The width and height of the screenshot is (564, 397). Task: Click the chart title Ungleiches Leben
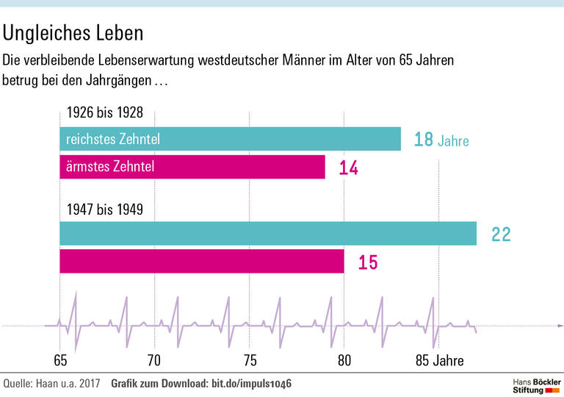73,33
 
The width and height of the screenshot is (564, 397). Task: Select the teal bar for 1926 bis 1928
230,139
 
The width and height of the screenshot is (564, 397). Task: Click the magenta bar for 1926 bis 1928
192,167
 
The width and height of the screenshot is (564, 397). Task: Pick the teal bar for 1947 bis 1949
267,234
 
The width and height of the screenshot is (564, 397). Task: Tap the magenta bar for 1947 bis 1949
201,262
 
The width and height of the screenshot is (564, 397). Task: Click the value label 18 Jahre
441,140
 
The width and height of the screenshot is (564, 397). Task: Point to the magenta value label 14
348,168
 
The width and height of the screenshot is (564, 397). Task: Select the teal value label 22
501,235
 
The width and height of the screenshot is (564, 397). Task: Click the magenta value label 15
368,262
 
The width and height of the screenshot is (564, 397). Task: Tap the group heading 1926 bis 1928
104,113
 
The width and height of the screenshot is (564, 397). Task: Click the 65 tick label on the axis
60,361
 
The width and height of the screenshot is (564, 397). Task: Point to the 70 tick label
154,361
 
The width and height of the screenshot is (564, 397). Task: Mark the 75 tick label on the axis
250,361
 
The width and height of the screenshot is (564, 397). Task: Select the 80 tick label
344,361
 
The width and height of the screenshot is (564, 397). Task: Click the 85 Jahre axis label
439,361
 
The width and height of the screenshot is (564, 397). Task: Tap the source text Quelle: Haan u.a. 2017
51,384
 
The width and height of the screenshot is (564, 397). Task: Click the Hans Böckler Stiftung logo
536,385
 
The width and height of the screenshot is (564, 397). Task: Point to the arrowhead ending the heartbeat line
560,325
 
